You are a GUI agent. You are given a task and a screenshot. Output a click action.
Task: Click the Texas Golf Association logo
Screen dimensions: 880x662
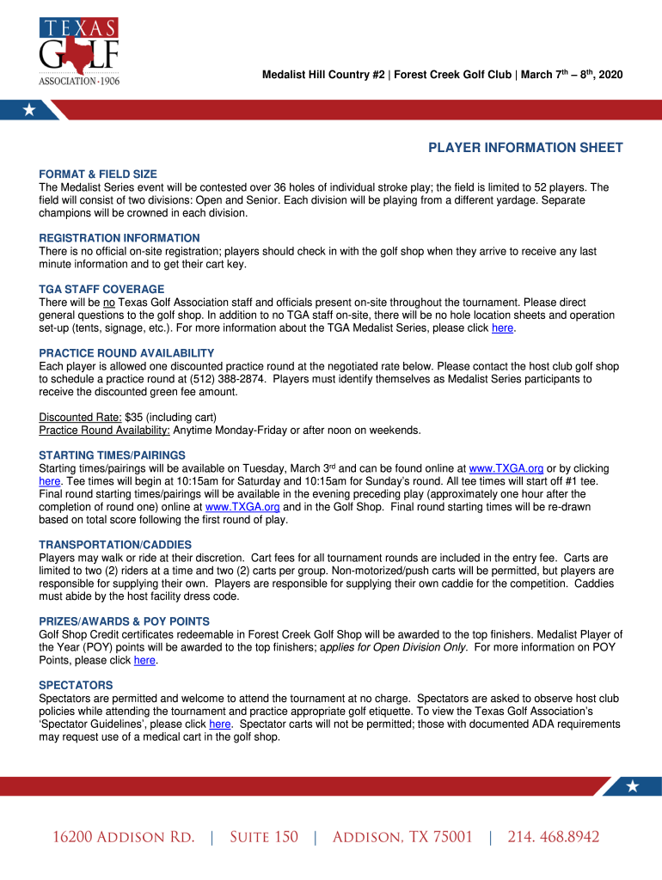[x=79, y=51]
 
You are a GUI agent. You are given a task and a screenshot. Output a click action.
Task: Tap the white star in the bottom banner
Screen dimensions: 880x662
[x=633, y=785]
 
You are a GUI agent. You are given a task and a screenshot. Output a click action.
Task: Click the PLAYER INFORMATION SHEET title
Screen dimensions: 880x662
[x=525, y=148]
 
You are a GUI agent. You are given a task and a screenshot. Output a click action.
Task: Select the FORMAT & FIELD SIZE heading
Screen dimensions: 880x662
[x=98, y=174]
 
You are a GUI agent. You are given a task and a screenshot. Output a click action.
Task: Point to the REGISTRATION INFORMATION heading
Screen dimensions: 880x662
[x=120, y=238]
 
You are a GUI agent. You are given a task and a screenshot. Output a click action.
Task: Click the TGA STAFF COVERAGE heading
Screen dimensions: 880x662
[x=101, y=290]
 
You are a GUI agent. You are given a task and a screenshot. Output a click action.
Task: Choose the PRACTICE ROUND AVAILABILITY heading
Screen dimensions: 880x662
[x=126, y=353]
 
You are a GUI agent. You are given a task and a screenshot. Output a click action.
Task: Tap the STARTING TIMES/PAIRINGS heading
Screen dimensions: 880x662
[x=112, y=455]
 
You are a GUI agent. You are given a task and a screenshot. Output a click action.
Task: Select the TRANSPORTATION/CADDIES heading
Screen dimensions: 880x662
[x=115, y=545]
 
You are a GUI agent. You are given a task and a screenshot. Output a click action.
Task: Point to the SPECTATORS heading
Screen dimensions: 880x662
[x=76, y=686]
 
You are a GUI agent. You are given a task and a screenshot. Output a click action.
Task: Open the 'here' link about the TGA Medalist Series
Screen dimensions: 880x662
[x=502, y=327]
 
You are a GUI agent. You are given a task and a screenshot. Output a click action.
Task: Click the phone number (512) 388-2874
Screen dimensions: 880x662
[x=226, y=379]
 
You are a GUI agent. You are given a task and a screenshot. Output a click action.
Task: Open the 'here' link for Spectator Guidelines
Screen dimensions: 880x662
[x=220, y=724]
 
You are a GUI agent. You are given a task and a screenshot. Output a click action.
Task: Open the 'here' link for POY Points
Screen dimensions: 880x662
[x=144, y=661]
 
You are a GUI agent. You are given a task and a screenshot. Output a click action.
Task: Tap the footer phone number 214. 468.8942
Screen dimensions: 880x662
[x=553, y=837]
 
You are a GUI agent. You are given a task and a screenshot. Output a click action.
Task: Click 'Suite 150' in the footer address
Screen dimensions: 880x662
[x=263, y=837]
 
